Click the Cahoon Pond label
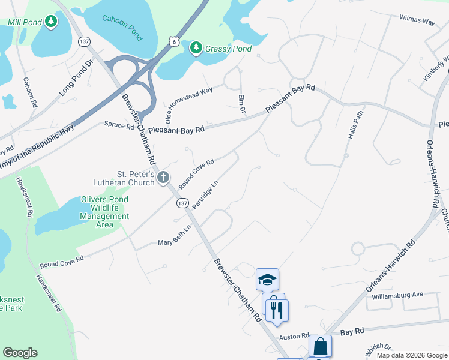pyautogui.click(x=123, y=27)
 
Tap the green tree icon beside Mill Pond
pyautogui.click(x=52, y=22)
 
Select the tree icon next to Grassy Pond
pyautogui.click(x=196, y=48)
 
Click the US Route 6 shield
pyautogui.click(x=173, y=41)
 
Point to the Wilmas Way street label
pyautogui.click(x=417, y=20)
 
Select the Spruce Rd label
pyautogui.click(x=119, y=125)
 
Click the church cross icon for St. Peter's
pyautogui.click(x=163, y=177)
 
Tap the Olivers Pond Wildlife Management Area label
pyautogui.click(x=105, y=212)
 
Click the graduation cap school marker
pyautogui.click(x=267, y=280)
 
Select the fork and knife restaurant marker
pyautogui.click(x=276, y=310)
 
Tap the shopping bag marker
pyautogui.click(x=320, y=346)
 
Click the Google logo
pyautogui.click(x=20, y=353)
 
